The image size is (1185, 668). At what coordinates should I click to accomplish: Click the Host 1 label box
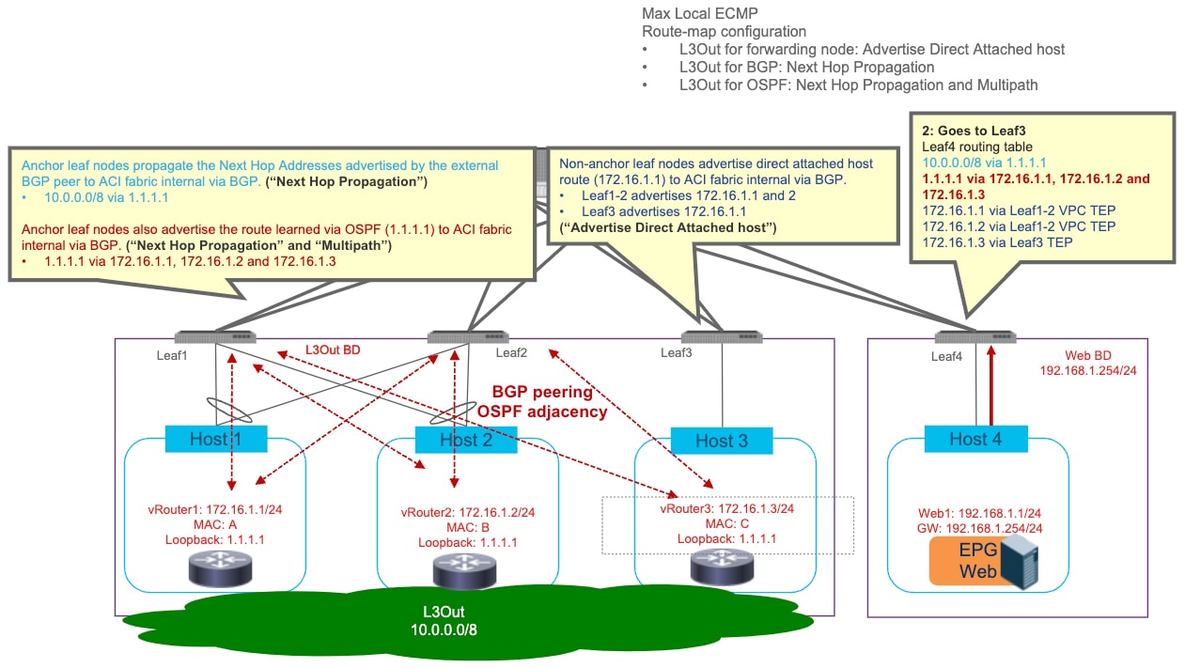[216, 439]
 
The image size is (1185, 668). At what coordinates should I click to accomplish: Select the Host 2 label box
[466, 440]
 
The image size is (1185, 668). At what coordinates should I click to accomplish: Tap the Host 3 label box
[722, 441]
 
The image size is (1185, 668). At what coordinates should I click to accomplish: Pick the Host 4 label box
[976, 439]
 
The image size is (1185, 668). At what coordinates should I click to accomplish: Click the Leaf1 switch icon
[215, 337]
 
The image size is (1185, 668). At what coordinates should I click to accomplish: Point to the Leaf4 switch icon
[975, 337]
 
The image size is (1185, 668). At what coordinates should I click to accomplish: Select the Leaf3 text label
[676, 352]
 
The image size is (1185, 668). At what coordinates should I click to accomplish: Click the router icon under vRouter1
[220, 568]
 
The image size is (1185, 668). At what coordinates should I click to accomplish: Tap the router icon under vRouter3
[722, 567]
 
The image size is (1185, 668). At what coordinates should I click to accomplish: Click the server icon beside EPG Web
[1020, 562]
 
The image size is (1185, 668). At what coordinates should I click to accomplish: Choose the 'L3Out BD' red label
[333, 350]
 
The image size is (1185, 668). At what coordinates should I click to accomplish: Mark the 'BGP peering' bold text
[542, 392]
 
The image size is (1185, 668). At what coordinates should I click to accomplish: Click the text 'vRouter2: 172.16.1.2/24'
[468, 512]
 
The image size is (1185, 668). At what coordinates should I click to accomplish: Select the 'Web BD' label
[1088, 355]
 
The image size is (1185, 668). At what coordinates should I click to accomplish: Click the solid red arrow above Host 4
[991, 385]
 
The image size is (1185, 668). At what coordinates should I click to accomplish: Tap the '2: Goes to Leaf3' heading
[974, 131]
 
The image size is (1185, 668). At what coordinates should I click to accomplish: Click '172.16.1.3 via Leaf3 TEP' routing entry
[998, 242]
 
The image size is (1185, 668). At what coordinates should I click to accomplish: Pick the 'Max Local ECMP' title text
[700, 13]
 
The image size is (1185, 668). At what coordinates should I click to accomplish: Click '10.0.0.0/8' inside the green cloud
[444, 629]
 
